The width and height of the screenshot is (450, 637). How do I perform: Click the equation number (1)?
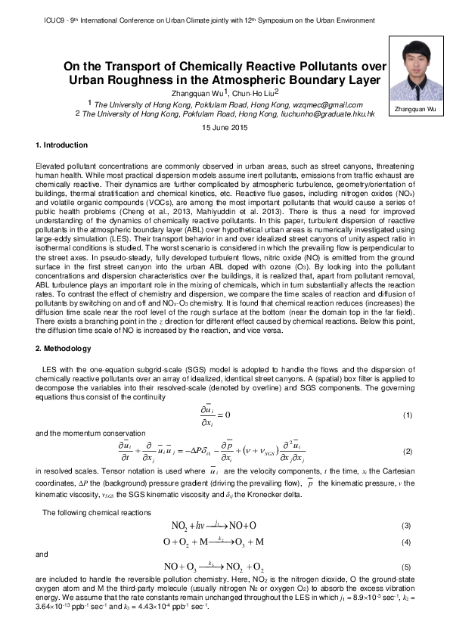click(x=406, y=415)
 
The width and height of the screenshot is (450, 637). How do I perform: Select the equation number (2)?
click(x=406, y=452)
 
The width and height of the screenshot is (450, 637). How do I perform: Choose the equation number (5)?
click(x=406, y=566)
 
